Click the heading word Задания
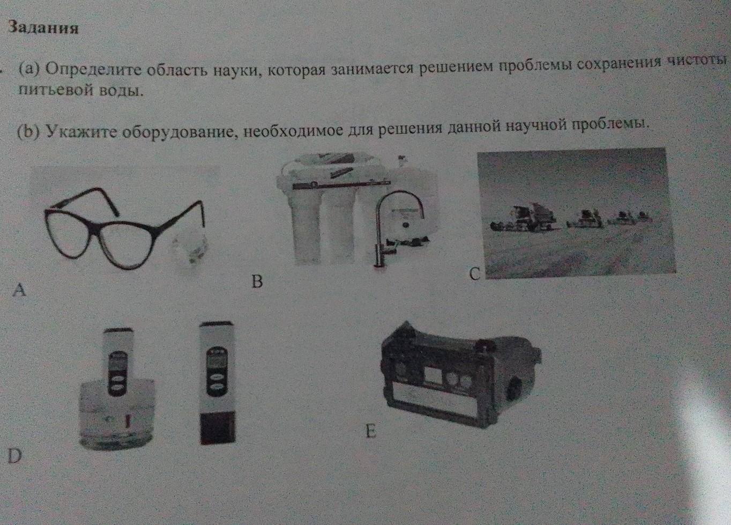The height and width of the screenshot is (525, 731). coord(43,27)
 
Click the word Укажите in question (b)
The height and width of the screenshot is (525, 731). coord(81,131)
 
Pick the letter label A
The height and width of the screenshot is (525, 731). coord(19,289)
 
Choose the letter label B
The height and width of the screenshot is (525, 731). coord(257,281)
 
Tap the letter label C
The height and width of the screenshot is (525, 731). coord(475,273)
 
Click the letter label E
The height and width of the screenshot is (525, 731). coord(370,431)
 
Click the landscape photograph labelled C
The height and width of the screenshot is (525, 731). coord(576,213)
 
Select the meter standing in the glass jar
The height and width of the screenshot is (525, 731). coord(118,363)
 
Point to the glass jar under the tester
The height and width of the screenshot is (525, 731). coord(116,415)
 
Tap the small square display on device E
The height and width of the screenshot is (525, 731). coord(434,375)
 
